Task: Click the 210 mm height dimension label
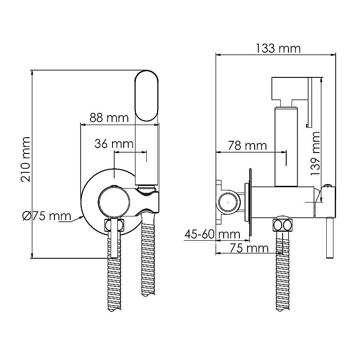(x=26, y=159)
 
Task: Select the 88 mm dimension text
(x=109, y=118)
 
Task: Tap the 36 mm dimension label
(x=114, y=144)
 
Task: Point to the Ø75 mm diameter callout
(x=47, y=216)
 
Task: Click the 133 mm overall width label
(x=278, y=49)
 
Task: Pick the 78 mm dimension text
(x=247, y=145)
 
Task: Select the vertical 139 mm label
(x=315, y=153)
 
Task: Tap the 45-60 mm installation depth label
(x=212, y=234)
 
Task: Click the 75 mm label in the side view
(x=249, y=248)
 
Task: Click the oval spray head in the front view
(x=147, y=96)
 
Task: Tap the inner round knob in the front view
(x=114, y=202)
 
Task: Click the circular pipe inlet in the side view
(x=228, y=202)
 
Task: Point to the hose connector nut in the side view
(x=283, y=225)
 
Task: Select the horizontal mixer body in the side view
(x=283, y=202)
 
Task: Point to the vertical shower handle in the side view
(x=286, y=147)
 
